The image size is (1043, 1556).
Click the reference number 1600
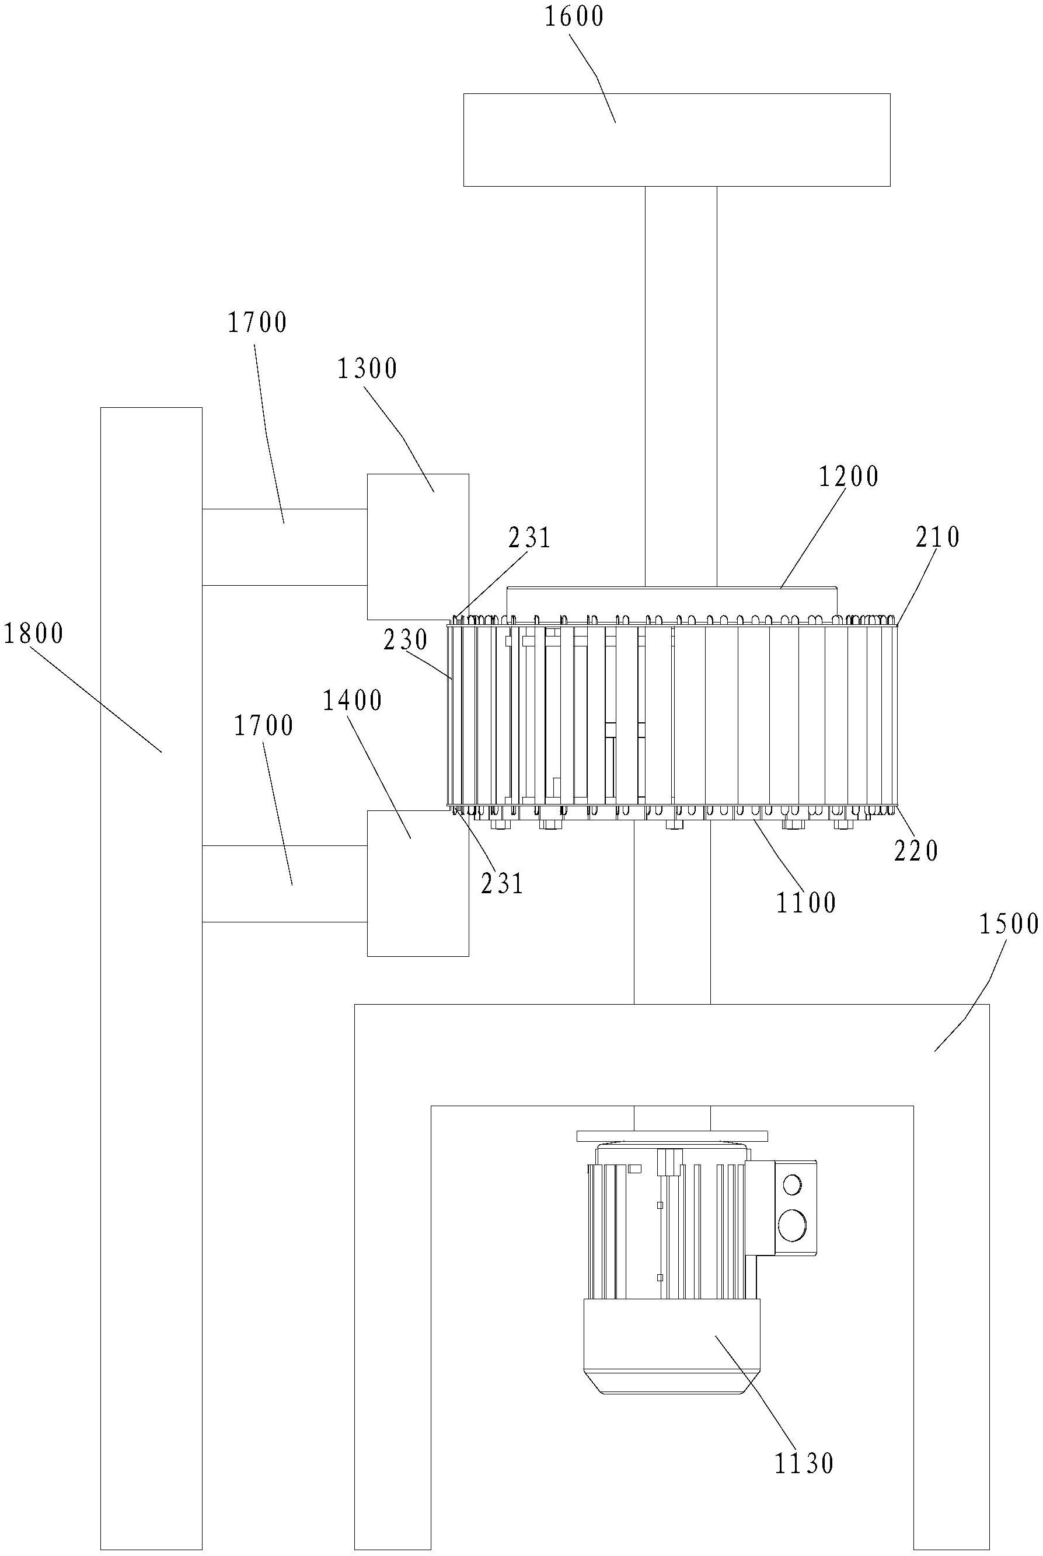coord(574,16)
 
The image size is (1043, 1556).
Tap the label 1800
coord(33,634)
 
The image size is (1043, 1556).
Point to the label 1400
coord(353,701)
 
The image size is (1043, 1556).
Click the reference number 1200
coord(849,477)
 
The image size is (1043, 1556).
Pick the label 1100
coord(806,903)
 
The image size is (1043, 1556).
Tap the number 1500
coord(1009,924)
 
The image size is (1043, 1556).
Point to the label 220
coord(916,851)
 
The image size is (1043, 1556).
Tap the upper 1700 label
coord(257,323)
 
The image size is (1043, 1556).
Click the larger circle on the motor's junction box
coord(791,1225)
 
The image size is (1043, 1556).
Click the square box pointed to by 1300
coord(418,547)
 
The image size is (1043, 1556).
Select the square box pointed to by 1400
coord(418,883)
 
